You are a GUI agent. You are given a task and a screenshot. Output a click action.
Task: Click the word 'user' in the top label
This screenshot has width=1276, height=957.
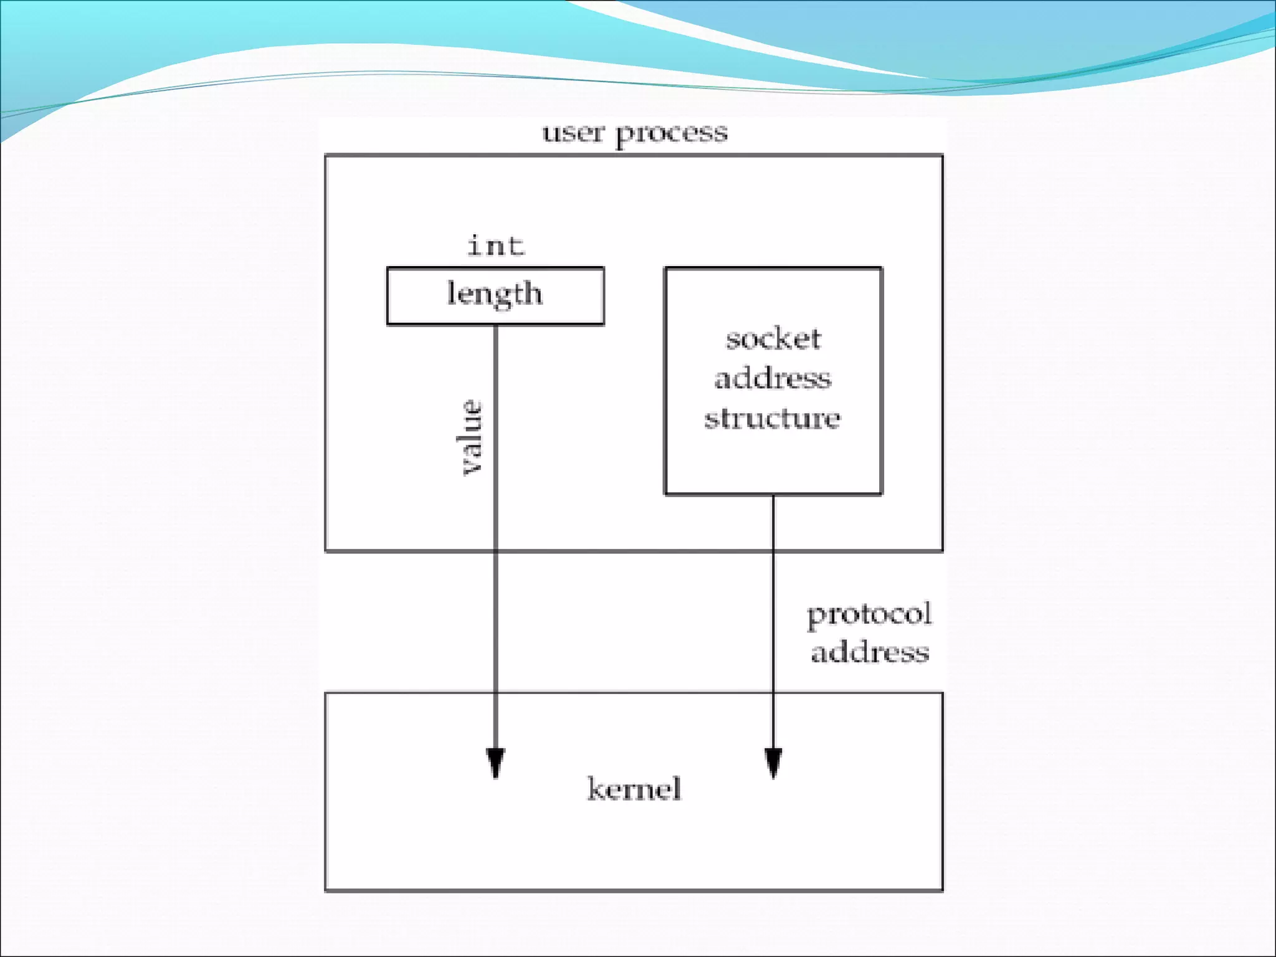pos(573,133)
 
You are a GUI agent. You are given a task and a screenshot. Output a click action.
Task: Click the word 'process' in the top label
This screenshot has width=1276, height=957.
pos(672,134)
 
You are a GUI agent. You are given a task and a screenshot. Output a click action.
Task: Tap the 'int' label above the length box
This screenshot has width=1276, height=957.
pos(496,245)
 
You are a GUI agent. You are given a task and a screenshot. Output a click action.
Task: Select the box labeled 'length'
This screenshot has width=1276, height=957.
pos(495,296)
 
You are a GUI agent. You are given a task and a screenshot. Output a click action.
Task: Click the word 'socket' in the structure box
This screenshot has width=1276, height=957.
pos(773,339)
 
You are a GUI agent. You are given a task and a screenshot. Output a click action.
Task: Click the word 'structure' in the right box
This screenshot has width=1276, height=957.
pos(773,418)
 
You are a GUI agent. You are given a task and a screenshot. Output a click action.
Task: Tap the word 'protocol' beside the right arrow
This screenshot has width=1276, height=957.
pos(869,615)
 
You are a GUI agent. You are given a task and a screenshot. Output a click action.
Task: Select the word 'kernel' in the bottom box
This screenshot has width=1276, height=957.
pos(634,789)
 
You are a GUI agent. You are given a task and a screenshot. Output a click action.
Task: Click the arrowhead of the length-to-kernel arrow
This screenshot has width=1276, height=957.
pos(495,763)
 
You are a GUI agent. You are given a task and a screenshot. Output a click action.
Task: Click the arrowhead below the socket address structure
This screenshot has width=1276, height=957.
pos(773,763)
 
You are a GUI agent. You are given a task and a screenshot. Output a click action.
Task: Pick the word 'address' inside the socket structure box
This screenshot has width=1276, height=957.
pos(773,378)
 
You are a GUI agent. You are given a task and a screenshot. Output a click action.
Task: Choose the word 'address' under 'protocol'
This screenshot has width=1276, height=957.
pos(870,652)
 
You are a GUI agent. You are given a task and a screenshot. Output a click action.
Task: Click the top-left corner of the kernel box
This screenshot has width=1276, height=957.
pos(326,693)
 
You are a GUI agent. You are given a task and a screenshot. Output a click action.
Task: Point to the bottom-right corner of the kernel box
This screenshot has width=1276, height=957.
pos(942,890)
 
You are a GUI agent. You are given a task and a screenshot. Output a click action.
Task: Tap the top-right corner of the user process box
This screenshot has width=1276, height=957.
pos(942,155)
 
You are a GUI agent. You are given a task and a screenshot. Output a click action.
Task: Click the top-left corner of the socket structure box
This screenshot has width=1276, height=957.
pos(666,269)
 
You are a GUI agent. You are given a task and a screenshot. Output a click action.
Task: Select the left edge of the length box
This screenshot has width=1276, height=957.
pos(388,296)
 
